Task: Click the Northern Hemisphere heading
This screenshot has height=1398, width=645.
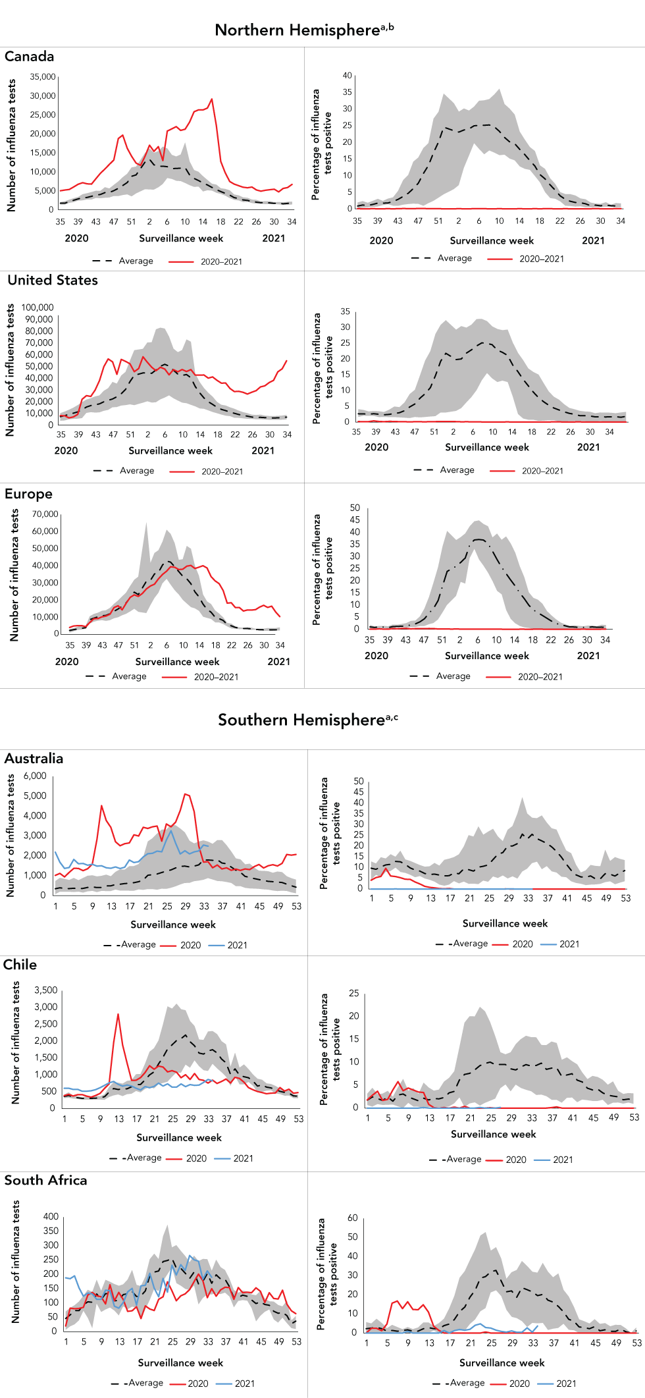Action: (304, 30)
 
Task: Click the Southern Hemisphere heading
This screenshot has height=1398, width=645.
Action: (307, 720)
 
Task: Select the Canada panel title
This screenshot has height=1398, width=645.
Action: (30, 57)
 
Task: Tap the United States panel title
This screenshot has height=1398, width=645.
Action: (53, 281)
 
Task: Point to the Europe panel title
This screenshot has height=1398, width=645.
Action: (28, 494)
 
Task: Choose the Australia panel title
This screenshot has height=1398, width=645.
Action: (34, 759)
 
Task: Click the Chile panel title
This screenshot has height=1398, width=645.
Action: (20, 965)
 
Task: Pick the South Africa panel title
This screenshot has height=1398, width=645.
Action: (45, 1180)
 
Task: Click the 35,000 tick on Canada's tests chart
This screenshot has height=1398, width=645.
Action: (43, 77)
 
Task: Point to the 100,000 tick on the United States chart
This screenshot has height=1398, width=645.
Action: (38, 308)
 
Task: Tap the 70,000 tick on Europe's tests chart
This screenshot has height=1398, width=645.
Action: (45, 514)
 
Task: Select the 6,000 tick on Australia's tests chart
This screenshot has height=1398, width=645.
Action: (35, 776)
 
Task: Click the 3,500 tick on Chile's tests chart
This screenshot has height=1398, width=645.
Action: (45, 990)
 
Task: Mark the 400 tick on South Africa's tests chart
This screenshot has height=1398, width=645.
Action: (51, 1216)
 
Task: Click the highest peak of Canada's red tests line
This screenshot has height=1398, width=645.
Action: (211, 99)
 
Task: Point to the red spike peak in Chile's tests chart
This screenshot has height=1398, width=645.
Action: (118, 1014)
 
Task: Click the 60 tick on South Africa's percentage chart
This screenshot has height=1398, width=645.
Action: (353, 1218)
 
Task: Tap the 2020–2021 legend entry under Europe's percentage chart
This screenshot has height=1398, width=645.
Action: (540, 677)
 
